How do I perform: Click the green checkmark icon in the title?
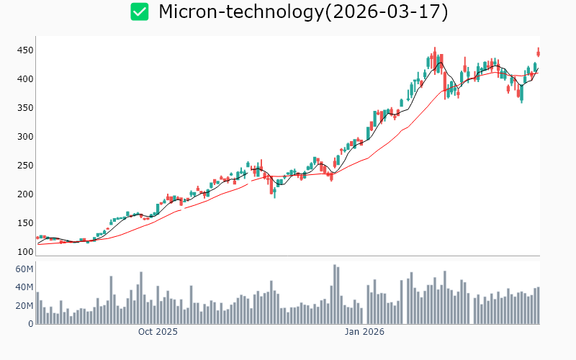(140, 12)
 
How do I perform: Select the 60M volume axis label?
(24, 269)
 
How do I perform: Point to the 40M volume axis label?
(24, 287)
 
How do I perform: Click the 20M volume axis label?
(24, 306)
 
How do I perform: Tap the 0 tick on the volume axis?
(30, 324)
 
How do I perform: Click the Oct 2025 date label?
(158, 332)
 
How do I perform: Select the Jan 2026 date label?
(364, 332)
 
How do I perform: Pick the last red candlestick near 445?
(538, 53)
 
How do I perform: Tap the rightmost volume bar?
(538, 305)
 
